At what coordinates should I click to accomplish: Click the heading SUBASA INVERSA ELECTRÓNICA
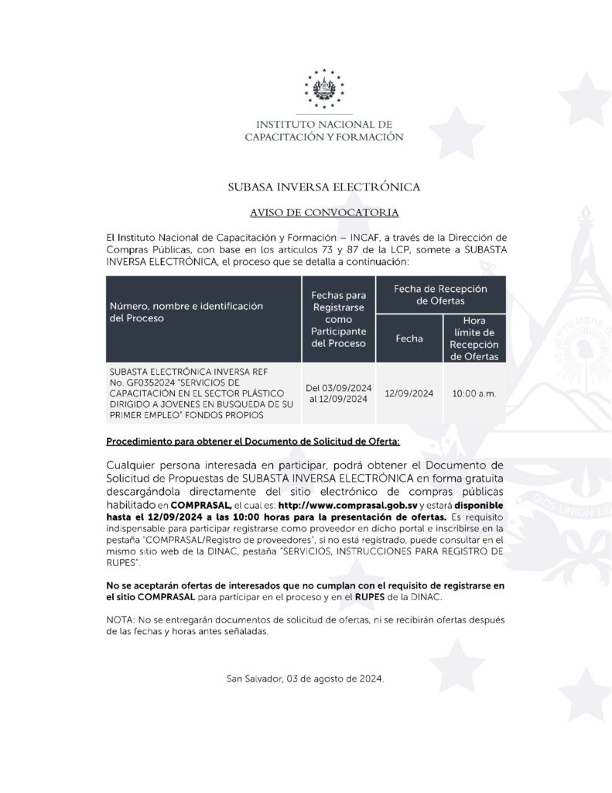pos(324,187)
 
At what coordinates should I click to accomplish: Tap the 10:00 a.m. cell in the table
pos(474,393)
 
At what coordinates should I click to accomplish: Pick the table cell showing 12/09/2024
pos(409,393)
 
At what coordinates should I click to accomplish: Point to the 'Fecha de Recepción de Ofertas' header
pos(441,294)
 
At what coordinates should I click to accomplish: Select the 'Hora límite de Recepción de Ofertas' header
pos(474,338)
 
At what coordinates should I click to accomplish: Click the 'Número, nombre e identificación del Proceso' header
pos(186,312)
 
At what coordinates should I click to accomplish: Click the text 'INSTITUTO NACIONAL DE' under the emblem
pos(324,124)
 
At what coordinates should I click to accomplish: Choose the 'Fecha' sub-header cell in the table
pos(409,338)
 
